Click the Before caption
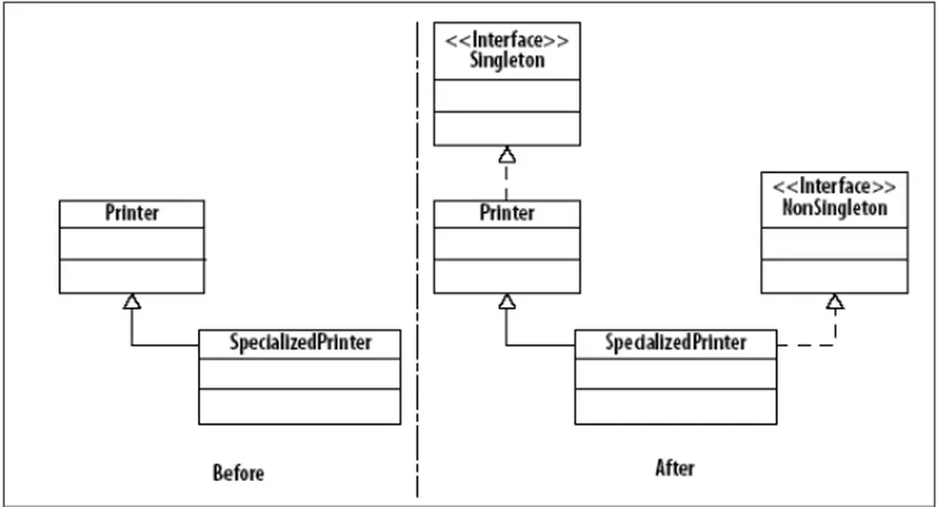238,473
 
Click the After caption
675,468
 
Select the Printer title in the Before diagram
132,213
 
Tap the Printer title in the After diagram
507,213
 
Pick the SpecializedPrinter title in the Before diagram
300,342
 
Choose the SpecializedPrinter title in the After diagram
675,342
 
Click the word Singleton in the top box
507,61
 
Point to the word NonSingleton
835,208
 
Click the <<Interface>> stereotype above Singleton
507,40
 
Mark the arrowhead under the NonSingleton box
835,302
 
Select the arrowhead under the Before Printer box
132,301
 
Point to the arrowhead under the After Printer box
508,301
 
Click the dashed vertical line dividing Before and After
417,260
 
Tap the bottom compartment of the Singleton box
507,127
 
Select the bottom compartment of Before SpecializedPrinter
300,406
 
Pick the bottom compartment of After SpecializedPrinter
675,406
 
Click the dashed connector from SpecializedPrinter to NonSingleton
807,345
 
